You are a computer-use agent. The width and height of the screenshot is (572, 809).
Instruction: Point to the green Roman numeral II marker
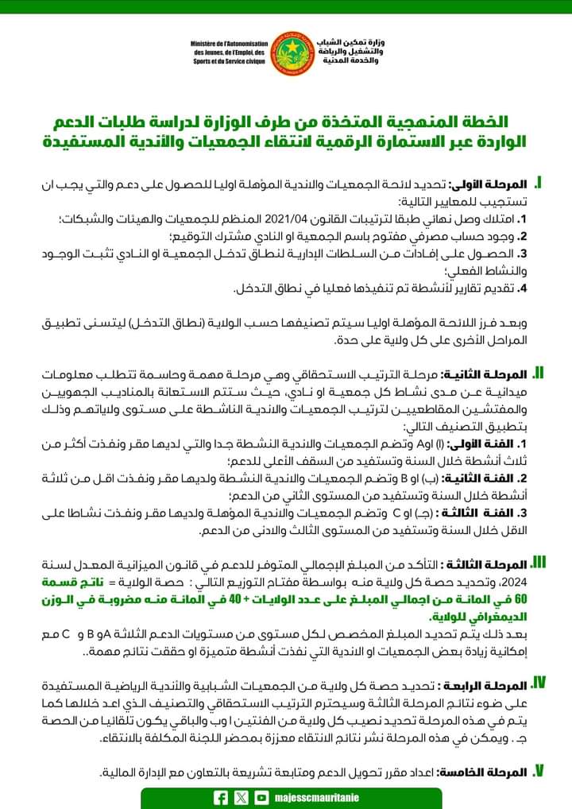537,373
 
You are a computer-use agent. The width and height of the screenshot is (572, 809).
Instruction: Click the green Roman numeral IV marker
537,683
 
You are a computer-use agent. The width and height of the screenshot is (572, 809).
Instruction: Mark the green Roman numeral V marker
538,771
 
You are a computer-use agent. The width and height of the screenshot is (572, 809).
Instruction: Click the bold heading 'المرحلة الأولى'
491,184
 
